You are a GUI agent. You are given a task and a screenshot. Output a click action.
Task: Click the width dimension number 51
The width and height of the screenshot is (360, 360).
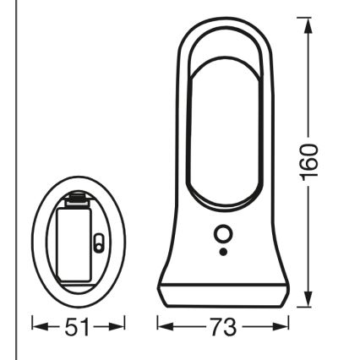(78, 325)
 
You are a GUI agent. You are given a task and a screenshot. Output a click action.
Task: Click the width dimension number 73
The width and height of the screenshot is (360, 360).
(223, 325)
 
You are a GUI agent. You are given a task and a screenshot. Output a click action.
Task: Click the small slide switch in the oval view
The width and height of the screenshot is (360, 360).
(97, 244)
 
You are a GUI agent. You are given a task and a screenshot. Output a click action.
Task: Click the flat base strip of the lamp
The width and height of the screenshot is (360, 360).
(223, 297)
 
